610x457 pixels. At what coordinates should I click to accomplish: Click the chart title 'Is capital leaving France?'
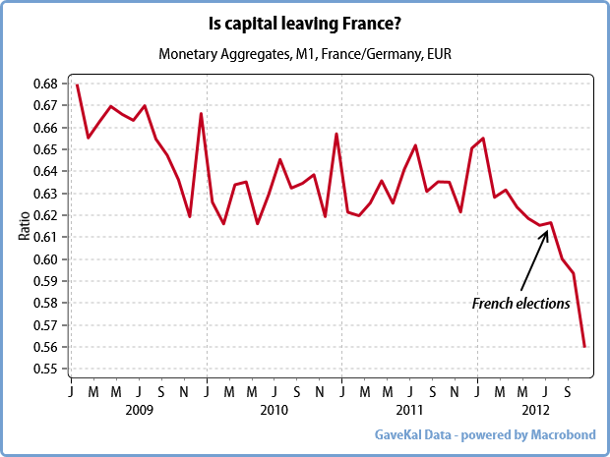click(304, 21)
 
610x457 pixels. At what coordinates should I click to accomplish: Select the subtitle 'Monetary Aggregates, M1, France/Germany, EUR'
click(304, 51)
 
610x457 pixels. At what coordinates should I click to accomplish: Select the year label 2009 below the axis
click(139, 409)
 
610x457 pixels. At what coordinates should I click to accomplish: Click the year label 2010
click(274, 409)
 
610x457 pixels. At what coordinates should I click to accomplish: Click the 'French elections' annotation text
click(520, 304)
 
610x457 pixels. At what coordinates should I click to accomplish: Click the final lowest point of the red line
click(584, 347)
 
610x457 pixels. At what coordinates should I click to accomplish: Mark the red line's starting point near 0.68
click(77, 85)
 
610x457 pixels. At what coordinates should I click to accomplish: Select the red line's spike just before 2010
click(201, 113)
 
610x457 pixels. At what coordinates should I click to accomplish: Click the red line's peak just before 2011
click(336, 134)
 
